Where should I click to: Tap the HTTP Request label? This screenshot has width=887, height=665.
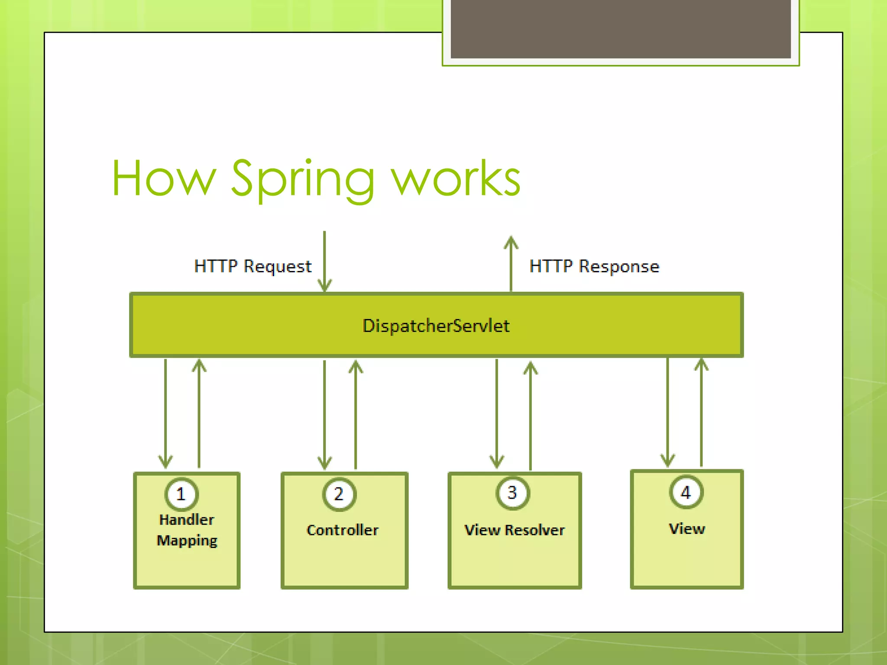(x=253, y=266)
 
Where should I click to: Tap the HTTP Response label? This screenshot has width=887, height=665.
(x=594, y=266)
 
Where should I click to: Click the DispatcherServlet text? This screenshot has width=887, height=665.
(x=436, y=326)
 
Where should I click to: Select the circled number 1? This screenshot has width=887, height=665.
(x=181, y=494)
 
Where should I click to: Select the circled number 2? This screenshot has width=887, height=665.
(x=339, y=494)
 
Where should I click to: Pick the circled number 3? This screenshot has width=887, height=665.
(x=512, y=493)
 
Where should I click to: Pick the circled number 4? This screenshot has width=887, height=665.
(x=686, y=492)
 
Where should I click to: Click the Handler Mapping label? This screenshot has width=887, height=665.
(x=187, y=530)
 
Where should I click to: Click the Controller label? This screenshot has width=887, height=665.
(x=342, y=530)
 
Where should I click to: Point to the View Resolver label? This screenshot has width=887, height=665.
(x=514, y=530)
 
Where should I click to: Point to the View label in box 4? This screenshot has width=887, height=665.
(x=686, y=529)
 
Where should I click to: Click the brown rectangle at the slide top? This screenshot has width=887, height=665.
(x=620, y=29)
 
